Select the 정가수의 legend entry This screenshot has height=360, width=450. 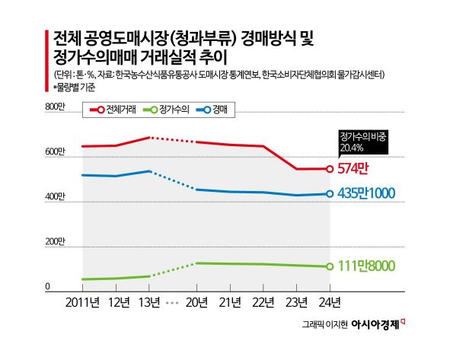coord(166,110)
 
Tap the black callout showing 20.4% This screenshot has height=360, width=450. coord(362,142)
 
